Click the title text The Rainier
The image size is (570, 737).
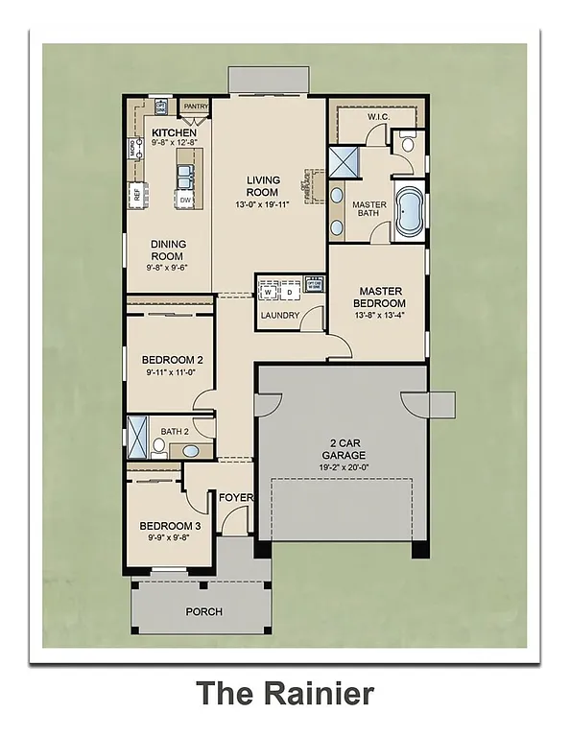[285, 693]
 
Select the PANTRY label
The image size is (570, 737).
[196, 107]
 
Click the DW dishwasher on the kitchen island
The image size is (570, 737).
[184, 201]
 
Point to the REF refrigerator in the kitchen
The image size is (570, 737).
[136, 194]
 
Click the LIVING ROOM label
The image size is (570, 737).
[263, 186]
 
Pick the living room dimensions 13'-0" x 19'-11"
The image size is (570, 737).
[263, 204]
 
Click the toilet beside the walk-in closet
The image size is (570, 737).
[408, 144]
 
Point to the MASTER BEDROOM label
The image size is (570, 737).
[381, 297]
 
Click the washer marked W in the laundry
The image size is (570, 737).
[268, 292]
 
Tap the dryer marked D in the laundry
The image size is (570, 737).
[289, 292]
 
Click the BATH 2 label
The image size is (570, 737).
[175, 432]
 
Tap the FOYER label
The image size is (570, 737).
[235, 498]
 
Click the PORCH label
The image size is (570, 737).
[203, 611]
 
